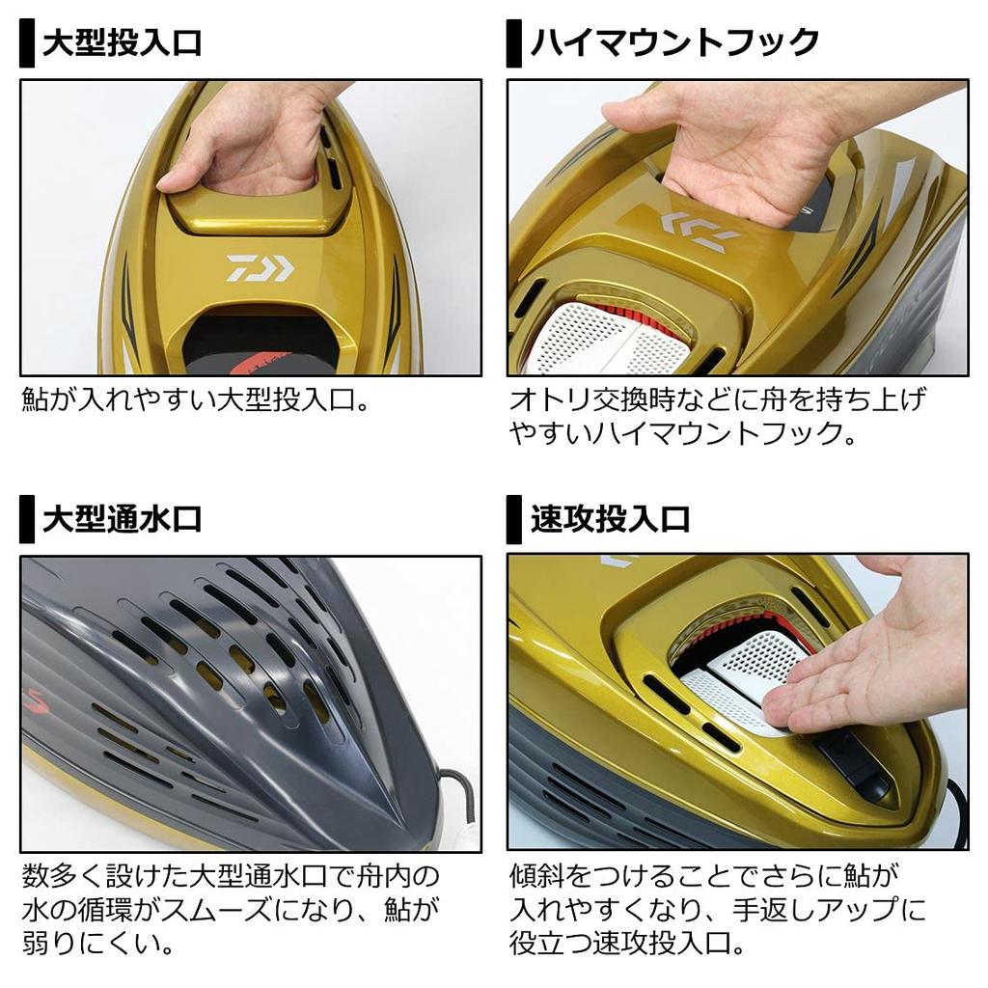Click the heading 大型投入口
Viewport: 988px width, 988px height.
coord(122,44)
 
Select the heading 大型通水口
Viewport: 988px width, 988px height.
coord(122,519)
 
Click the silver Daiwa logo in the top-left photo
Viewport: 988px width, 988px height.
coord(260,268)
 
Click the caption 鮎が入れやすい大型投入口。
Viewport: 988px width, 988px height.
coord(195,400)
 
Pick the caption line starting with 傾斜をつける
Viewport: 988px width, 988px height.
coord(704,877)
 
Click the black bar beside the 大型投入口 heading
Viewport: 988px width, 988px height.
coord(27,45)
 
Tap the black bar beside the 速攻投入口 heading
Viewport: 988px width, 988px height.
coord(514,520)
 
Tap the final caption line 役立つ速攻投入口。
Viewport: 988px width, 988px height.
coord(621,940)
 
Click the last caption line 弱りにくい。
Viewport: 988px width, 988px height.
coord(92,940)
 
